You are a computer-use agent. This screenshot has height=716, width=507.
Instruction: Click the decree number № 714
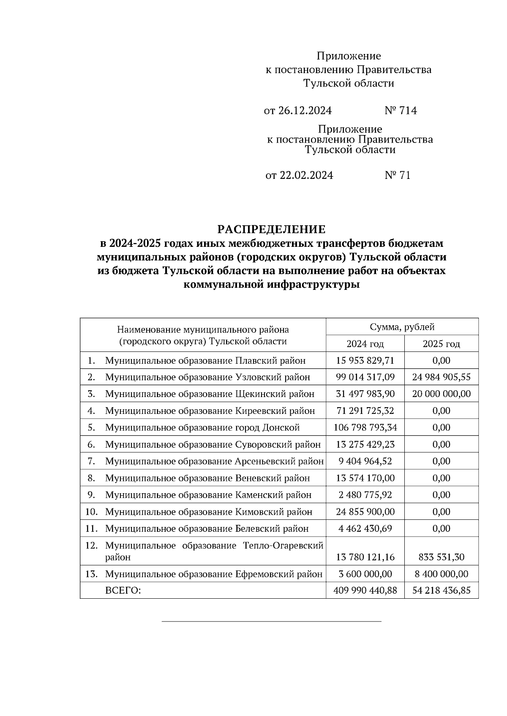point(401,111)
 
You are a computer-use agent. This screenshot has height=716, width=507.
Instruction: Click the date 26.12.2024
point(305,111)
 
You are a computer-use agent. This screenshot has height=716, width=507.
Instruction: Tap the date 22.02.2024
point(306,175)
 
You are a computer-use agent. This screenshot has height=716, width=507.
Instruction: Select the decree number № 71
point(398,175)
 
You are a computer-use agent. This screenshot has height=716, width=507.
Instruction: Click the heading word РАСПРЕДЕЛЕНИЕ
point(272,230)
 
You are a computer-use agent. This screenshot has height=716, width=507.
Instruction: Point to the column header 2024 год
point(365,344)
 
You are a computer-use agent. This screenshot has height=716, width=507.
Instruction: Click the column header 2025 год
point(441,344)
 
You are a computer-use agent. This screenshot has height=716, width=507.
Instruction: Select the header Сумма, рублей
point(402,327)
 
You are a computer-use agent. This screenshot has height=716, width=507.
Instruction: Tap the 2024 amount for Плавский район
point(365,360)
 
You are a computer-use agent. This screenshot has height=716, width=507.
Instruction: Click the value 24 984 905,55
point(441,377)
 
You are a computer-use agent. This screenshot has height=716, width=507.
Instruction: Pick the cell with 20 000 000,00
point(441,394)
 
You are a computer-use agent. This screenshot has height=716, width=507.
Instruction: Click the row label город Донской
point(202,427)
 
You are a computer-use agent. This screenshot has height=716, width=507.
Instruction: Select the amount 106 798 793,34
point(365,427)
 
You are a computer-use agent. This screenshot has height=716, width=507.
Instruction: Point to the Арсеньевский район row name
point(214,461)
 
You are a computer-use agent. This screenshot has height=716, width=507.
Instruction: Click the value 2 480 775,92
point(365,494)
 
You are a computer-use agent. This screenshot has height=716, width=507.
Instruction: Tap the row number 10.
point(91,512)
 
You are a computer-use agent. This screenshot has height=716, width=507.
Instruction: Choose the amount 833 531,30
point(441,557)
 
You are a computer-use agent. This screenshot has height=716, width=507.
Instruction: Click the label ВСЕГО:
point(123,591)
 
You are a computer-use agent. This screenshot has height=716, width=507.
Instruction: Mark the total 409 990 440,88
point(365,591)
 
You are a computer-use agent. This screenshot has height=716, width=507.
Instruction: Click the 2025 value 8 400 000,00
point(441,574)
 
